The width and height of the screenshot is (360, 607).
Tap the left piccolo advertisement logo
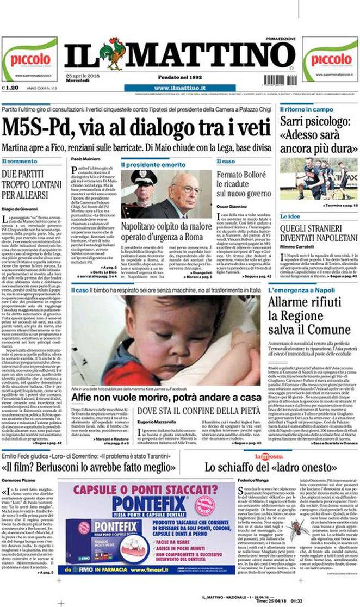point(29,59)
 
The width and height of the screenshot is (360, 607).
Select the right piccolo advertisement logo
point(330,59)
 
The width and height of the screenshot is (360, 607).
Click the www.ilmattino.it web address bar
point(179,88)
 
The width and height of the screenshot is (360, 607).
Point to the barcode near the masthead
point(277,79)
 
